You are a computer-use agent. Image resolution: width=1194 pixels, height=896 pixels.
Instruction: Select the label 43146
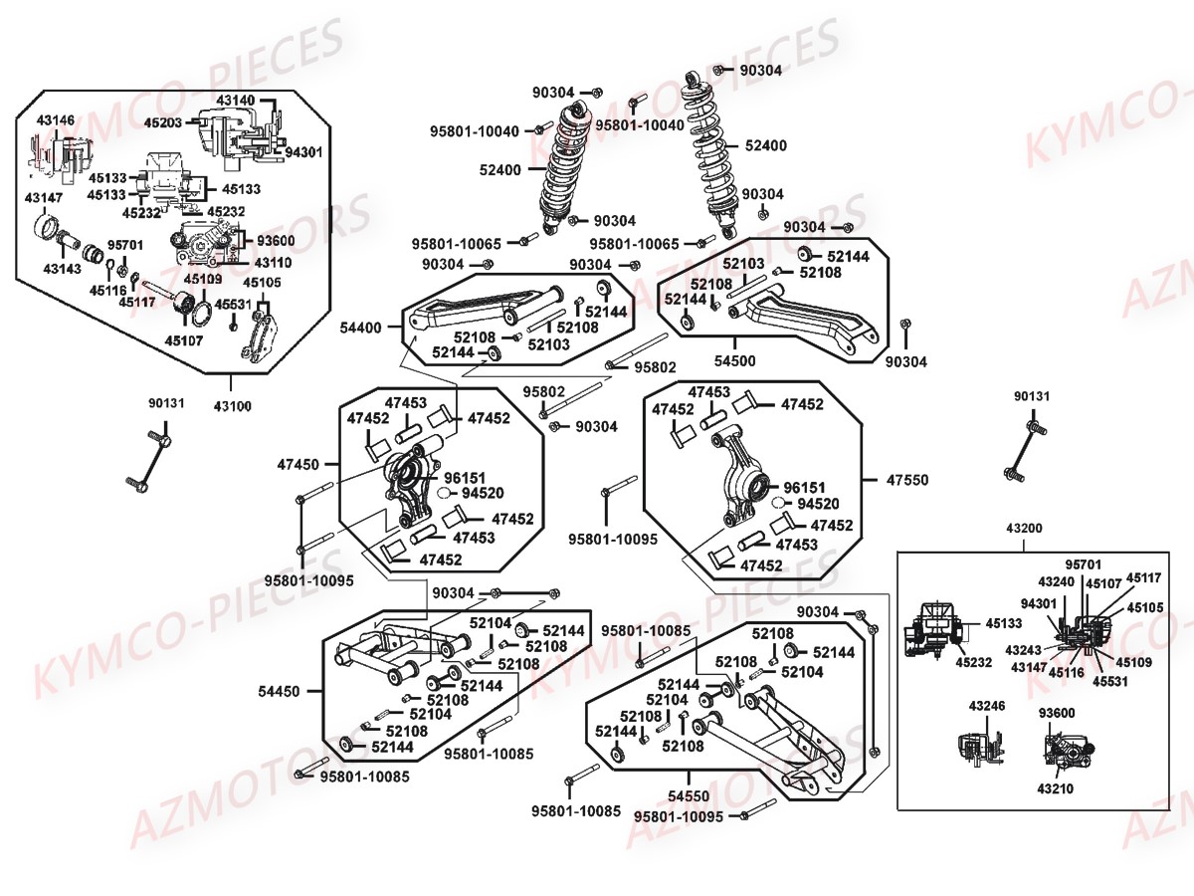click(x=56, y=119)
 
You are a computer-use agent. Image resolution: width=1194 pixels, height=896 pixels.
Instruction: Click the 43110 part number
click(x=273, y=263)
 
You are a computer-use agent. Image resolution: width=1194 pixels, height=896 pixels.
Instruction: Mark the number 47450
click(x=298, y=464)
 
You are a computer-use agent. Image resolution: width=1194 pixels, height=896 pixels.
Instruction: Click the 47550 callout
click(x=906, y=480)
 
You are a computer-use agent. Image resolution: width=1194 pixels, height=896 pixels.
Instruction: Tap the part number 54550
click(x=689, y=796)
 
